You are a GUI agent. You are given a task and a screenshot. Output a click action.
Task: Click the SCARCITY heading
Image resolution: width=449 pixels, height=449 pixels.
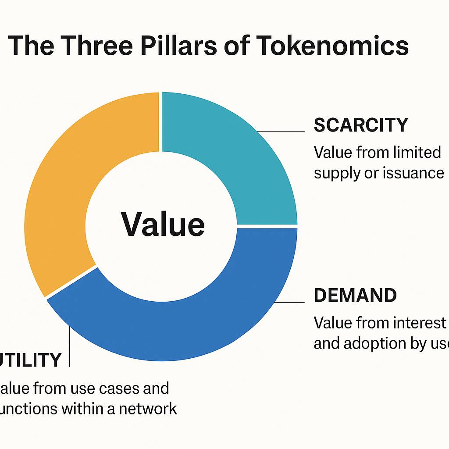[x=361, y=125]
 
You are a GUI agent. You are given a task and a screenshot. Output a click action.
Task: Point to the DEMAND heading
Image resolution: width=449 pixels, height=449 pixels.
[x=355, y=296]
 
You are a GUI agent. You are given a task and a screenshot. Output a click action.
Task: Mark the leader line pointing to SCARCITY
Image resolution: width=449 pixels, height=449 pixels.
[x=281, y=131]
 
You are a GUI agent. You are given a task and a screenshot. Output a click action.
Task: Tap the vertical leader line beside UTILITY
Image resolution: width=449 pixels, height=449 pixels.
[x=70, y=346]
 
